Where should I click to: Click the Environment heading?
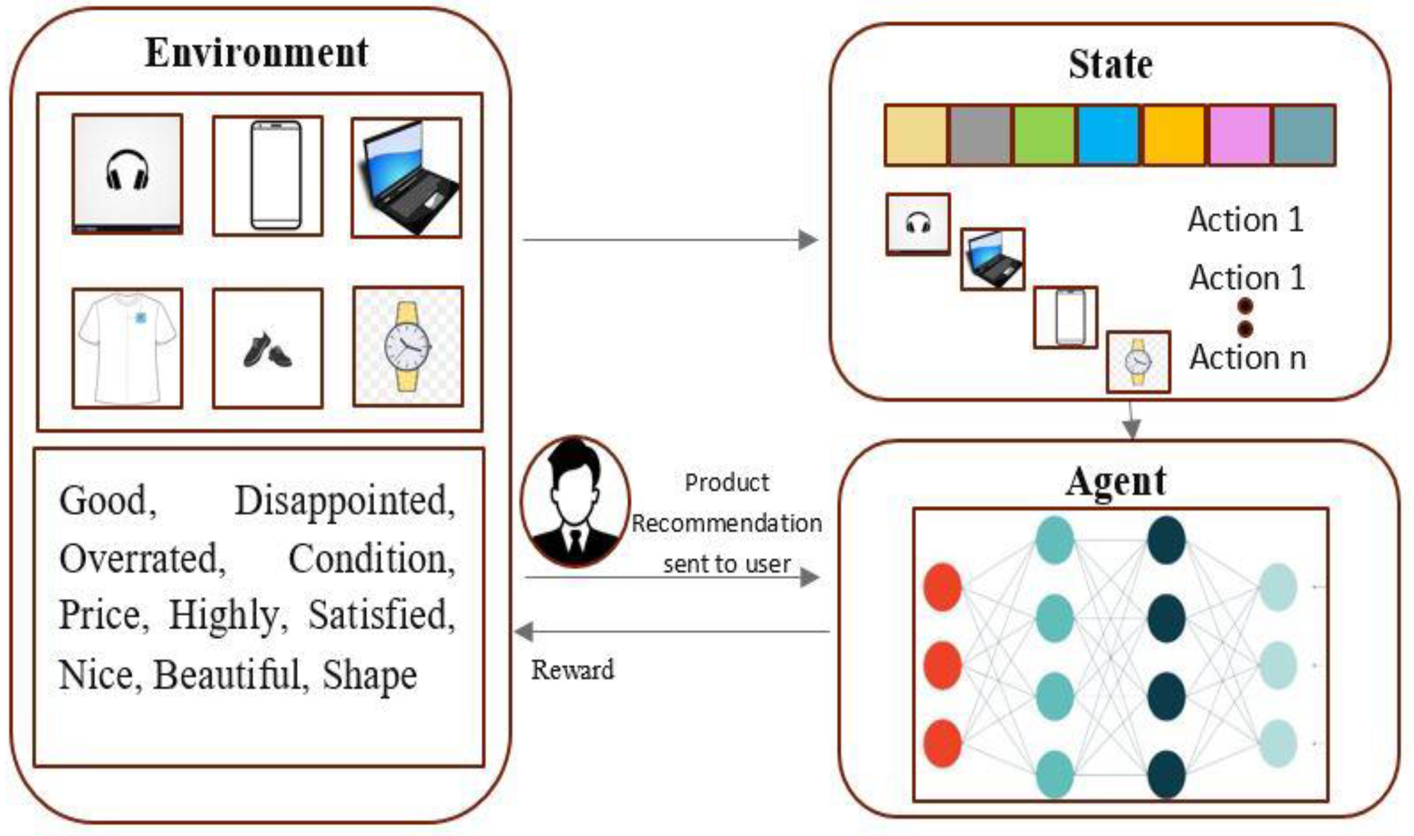tap(256, 53)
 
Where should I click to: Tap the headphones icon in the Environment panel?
tap(127, 170)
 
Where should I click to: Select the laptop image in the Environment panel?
tap(407, 177)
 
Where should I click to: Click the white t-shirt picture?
tap(127, 347)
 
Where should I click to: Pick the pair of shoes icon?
tap(268, 350)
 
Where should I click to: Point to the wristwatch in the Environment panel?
tap(407, 346)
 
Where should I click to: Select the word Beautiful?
tap(231, 674)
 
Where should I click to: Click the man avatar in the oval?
tap(574, 501)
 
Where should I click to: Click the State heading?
tap(1110, 65)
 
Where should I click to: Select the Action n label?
tap(1247, 357)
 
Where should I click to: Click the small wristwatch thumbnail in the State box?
tap(1138, 361)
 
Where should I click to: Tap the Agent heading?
tap(1116, 482)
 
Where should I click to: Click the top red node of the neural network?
tap(942, 587)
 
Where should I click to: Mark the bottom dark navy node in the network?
tap(1166, 774)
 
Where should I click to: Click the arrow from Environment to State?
tap(670, 241)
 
